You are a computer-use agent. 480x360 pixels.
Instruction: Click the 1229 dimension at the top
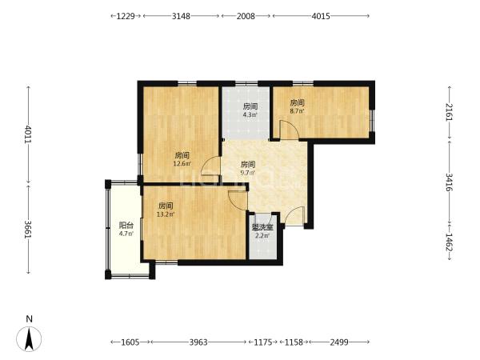[x=126, y=16]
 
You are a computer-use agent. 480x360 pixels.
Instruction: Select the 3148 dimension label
[x=181, y=16]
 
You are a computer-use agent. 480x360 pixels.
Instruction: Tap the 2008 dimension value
[x=246, y=16]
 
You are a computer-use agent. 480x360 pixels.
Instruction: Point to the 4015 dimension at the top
[x=321, y=16]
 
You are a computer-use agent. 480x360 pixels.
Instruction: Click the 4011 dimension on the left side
[x=29, y=134]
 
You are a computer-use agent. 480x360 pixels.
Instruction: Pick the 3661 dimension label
[x=29, y=230]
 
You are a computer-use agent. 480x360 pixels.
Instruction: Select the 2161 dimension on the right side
[x=449, y=112]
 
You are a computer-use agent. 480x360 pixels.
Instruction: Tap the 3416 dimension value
[x=449, y=182]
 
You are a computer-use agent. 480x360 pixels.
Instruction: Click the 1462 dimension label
[x=449, y=242]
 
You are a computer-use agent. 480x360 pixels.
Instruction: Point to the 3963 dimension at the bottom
[x=198, y=342]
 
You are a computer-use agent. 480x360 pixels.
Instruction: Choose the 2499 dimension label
[x=339, y=342]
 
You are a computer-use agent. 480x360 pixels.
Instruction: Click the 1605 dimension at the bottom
[x=130, y=342]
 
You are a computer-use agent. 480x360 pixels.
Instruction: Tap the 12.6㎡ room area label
[x=182, y=164]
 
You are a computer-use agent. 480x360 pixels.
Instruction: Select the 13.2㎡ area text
[x=166, y=214]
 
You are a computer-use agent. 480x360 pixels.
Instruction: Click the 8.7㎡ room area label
[x=298, y=111]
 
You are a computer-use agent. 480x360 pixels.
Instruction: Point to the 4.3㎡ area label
[x=250, y=115]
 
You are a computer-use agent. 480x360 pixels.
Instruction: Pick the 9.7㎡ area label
[x=248, y=173]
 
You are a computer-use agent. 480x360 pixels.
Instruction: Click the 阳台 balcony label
[x=126, y=226]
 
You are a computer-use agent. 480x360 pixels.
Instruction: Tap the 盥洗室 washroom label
[x=262, y=227]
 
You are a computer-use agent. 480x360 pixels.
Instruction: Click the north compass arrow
[x=29, y=338]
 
